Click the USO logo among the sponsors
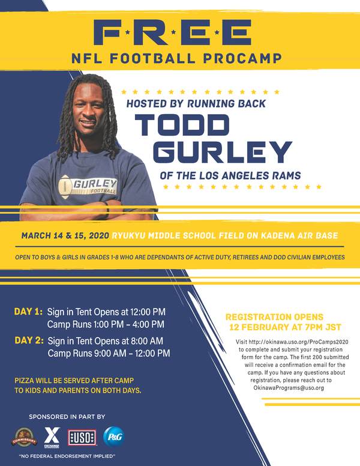(x=82, y=438)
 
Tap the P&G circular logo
(x=114, y=437)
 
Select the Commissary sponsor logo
(x=24, y=437)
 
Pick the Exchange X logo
(x=52, y=437)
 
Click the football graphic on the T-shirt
(x=65, y=187)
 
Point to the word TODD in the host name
(x=182, y=125)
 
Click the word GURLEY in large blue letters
(x=222, y=151)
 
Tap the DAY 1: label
(x=28, y=312)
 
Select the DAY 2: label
(x=29, y=340)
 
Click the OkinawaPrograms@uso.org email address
(x=289, y=388)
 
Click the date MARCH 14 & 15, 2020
(x=65, y=236)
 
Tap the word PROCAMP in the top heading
(x=242, y=58)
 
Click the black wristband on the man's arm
(x=107, y=210)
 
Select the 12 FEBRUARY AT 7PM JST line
(x=285, y=327)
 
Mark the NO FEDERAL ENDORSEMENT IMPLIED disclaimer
(x=67, y=456)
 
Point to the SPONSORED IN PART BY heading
(x=67, y=417)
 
